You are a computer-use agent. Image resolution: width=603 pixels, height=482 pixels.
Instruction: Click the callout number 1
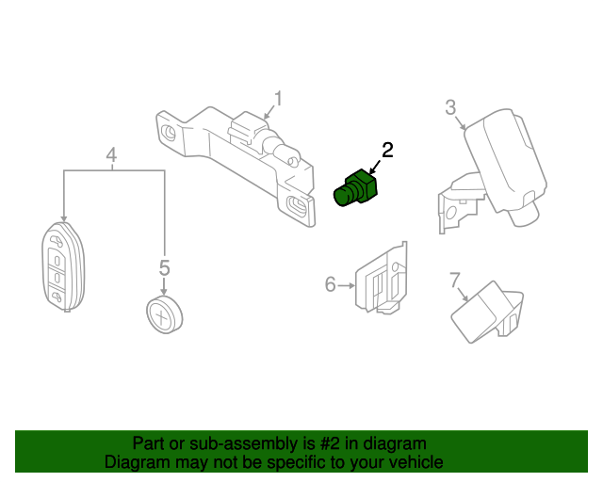point(278,99)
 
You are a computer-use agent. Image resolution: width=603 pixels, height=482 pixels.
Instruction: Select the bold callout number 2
point(386,150)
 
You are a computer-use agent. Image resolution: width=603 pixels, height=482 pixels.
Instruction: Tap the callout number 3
point(450,107)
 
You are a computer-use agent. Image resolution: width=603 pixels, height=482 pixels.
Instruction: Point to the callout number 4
point(111,154)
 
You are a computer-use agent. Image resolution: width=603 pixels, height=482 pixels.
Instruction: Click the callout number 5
point(164,268)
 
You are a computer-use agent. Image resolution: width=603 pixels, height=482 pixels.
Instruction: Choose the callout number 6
point(330,283)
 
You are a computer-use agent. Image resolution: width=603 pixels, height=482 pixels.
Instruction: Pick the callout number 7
point(455,280)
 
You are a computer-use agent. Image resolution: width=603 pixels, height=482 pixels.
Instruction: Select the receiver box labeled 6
point(382,280)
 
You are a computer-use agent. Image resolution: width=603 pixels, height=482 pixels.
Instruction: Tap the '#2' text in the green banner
point(301,443)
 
